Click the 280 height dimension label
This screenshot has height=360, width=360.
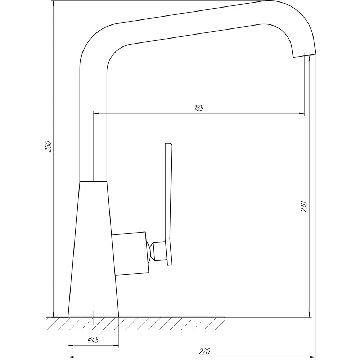[48, 146]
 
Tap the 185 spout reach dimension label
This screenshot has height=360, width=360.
[199, 108]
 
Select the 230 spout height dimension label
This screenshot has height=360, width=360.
[303, 207]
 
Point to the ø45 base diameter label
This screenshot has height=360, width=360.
[93, 339]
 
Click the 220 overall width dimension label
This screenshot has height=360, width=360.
[204, 351]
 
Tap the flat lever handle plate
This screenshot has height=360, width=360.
[169, 204]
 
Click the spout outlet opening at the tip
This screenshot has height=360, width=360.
[305, 55]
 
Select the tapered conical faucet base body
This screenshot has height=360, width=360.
[93, 249]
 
